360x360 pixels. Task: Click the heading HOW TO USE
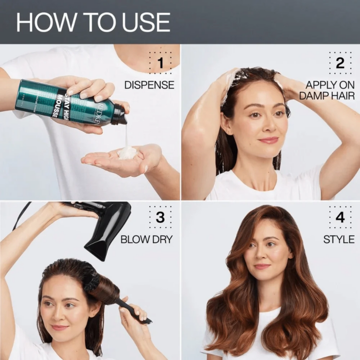click(x=93, y=22)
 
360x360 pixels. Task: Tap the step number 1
click(x=161, y=63)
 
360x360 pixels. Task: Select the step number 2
click(x=340, y=63)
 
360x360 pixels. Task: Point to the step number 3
click(x=161, y=217)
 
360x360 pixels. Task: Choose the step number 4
click(x=340, y=217)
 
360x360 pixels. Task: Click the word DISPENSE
click(x=149, y=85)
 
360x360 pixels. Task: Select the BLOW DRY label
click(x=147, y=239)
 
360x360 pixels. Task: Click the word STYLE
click(x=339, y=239)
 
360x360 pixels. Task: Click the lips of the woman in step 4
click(x=262, y=266)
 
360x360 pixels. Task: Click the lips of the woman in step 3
click(x=60, y=328)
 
